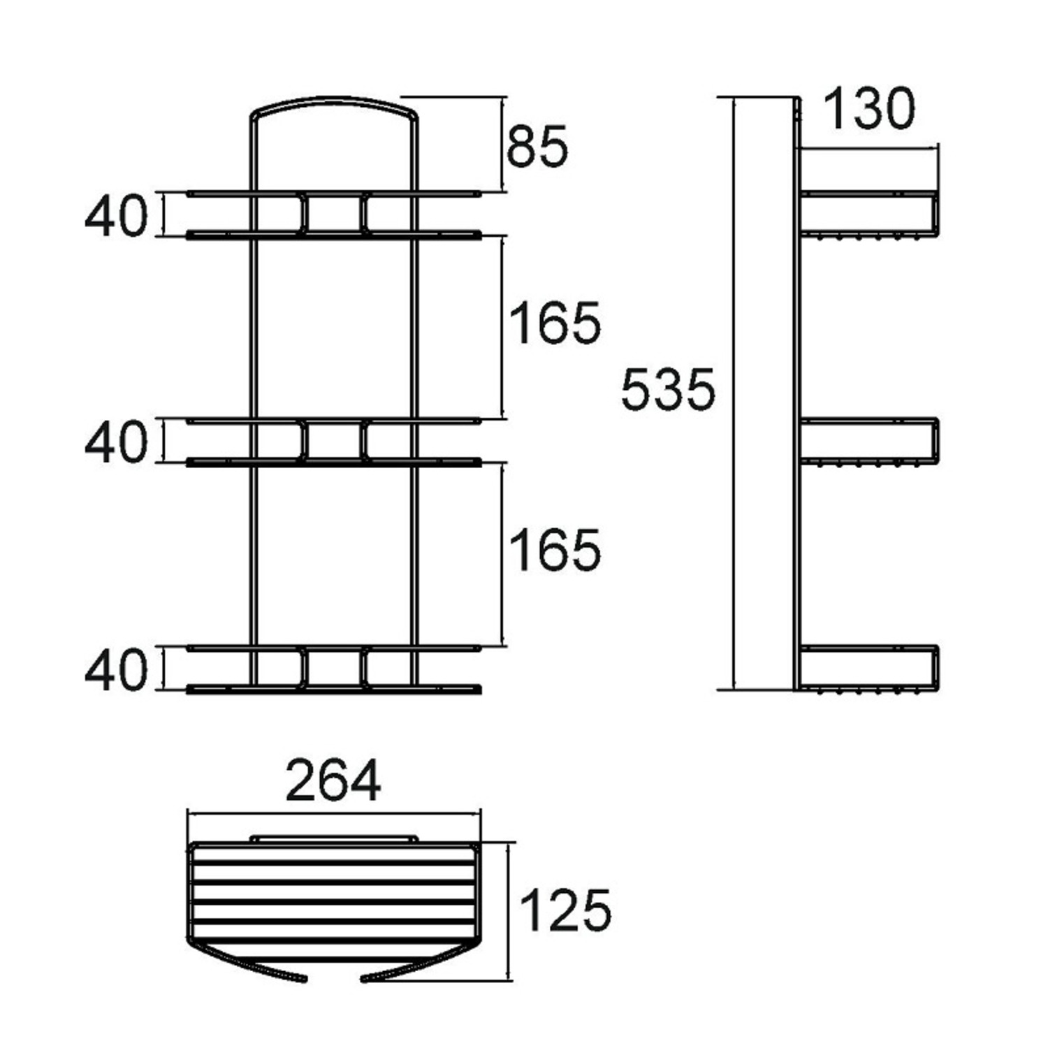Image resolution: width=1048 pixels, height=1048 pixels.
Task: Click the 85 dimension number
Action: click(537, 147)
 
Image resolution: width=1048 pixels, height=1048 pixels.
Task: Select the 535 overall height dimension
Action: click(668, 390)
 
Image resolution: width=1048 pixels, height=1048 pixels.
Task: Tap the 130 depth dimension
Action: click(868, 109)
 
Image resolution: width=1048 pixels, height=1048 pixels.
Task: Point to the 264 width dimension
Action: click(334, 781)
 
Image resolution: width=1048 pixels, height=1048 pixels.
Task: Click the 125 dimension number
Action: click(565, 910)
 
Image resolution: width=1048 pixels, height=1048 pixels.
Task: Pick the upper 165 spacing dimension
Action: click(555, 323)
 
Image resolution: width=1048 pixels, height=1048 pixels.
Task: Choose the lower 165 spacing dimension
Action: click(555, 551)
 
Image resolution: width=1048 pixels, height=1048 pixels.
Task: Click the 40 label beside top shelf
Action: click(117, 216)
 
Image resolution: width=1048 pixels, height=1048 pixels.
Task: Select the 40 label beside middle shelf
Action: click(117, 442)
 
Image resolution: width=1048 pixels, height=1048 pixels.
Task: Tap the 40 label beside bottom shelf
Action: click(117, 670)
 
